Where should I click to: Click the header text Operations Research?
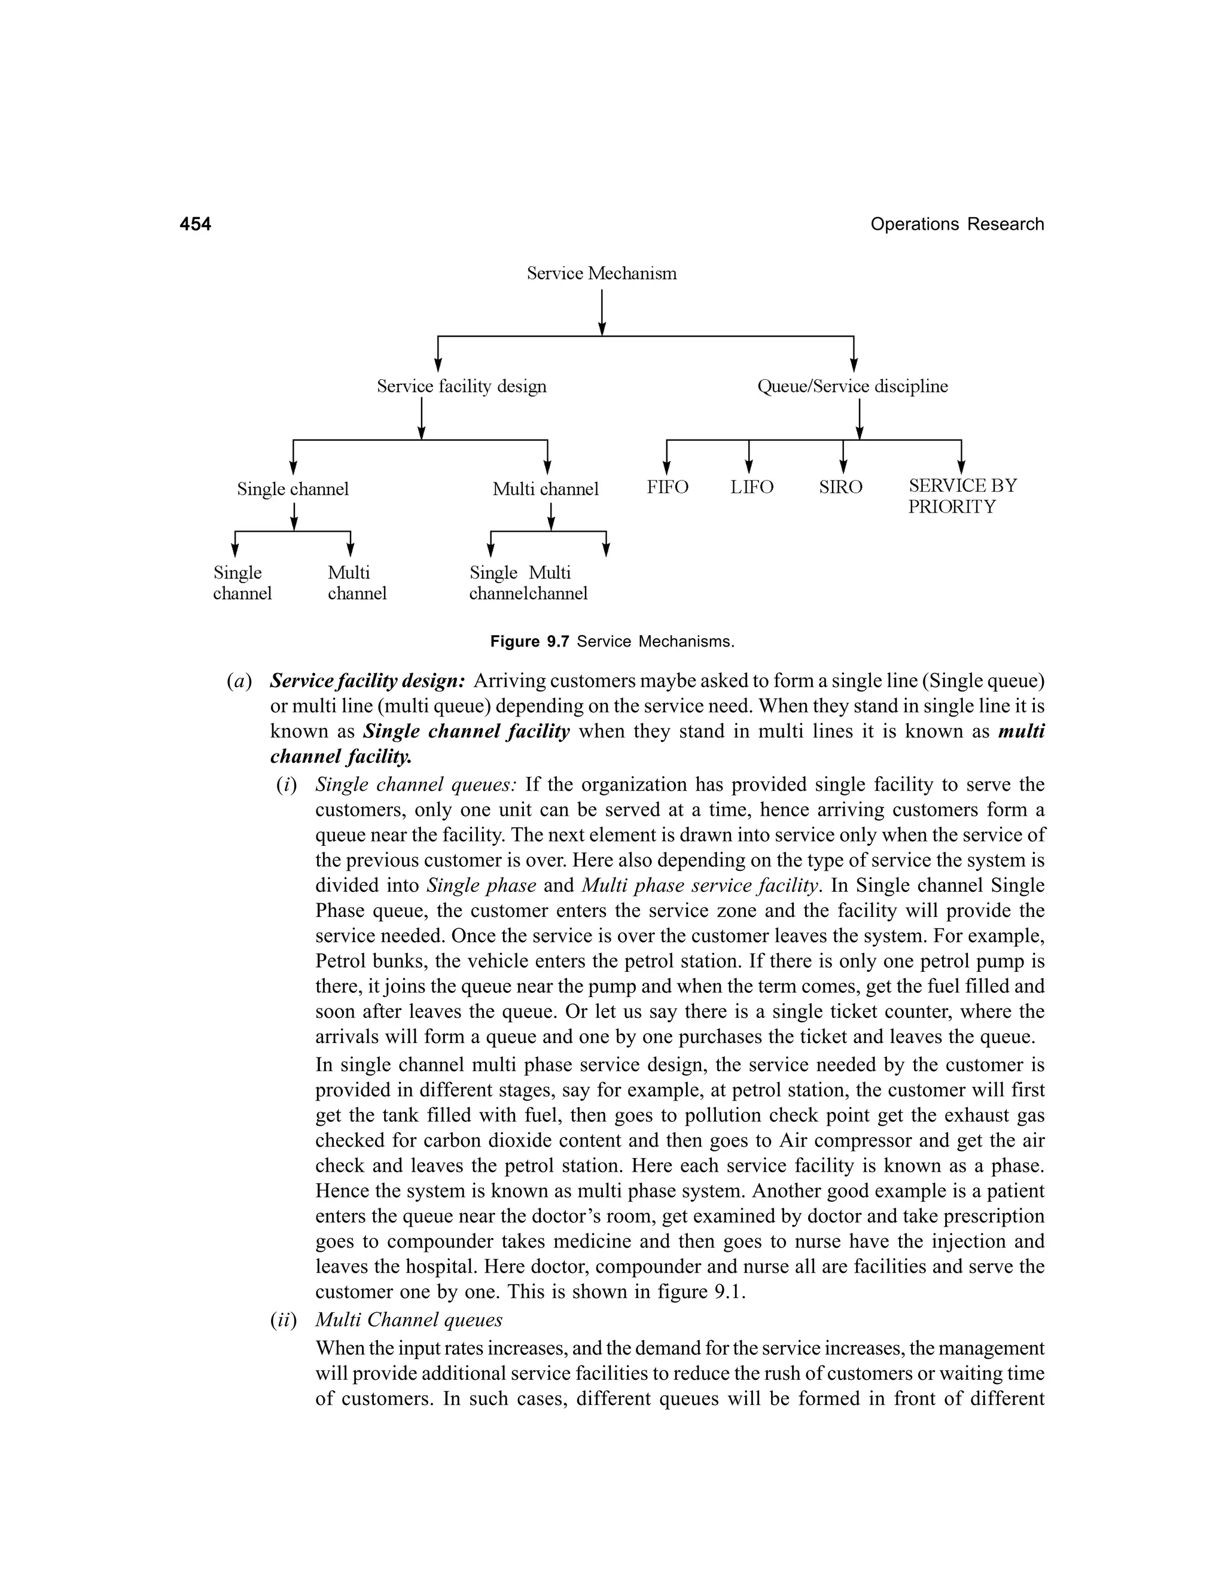[956, 224]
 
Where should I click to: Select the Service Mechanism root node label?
[601, 273]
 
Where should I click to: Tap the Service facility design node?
[462, 386]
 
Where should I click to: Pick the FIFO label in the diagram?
[667, 487]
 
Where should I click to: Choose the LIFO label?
[751, 487]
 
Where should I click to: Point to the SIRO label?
[840, 487]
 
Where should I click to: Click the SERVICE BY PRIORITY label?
[962, 496]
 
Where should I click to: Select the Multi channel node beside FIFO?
[545, 489]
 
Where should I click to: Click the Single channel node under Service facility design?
[292, 489]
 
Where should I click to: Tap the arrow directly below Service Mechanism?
[602, 313]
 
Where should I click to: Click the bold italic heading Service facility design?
[367, 681]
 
